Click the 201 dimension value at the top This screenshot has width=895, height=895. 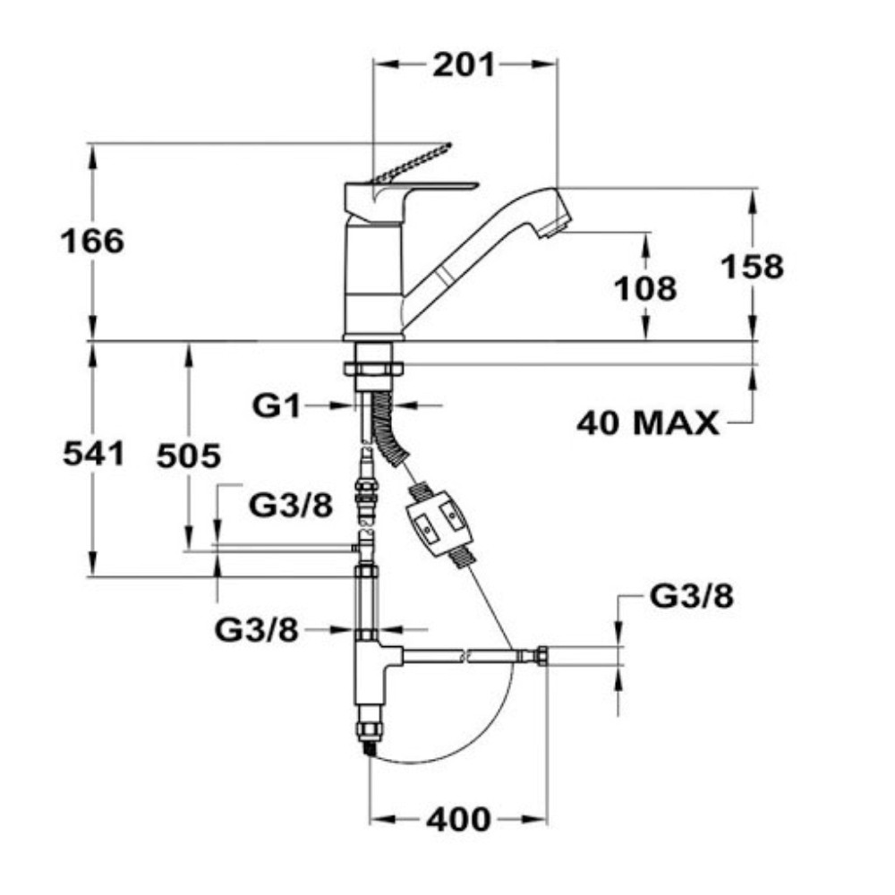tap(464, 64)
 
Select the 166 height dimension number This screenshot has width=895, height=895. tap(92, 241)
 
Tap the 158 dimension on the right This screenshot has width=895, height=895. tap(753, 267)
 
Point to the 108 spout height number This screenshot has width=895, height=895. tap(645, 288)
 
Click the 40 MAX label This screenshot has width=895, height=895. tap(648, 423)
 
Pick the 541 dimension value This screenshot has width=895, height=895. tap(94, 455)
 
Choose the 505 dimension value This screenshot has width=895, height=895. tap(188, 456)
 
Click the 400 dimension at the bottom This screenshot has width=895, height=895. tap(458, 820)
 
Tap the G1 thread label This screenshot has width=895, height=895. tap(277, 406)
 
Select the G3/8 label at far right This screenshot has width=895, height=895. tap(692, 597)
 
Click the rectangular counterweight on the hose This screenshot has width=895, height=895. tap(439, 523)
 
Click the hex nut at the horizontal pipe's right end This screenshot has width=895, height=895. tap(541, 656)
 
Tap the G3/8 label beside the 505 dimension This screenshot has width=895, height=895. tap(291, 505)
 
